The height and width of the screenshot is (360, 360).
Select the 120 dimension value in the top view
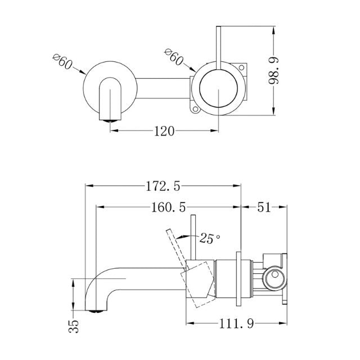tap(164, 131)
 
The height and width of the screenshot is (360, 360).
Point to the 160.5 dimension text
tap(168, 207)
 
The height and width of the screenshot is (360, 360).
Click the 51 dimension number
tap(264, 207)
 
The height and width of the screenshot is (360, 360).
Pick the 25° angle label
tap(209, 238)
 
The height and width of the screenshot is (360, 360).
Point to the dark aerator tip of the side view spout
tap(97, 309)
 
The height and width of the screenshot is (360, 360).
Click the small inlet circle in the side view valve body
tap(275, 277)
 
